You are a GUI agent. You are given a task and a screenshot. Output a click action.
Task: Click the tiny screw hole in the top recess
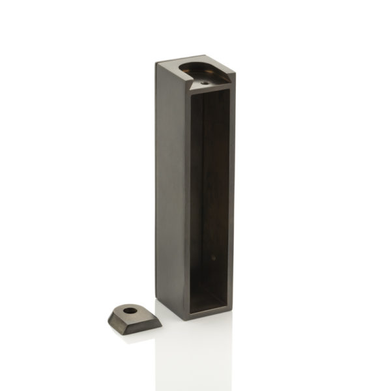pyautogui.click(x=203, y=83)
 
